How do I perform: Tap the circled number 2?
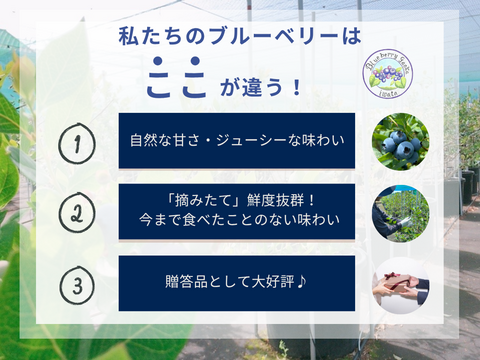pos(73,212)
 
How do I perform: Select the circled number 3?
pos(73,283)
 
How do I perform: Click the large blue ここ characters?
pos(174,84)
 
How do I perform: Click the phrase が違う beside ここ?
pos(250,87)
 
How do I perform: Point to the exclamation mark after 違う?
pos(297,87)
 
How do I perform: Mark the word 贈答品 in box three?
pos(177,283)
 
